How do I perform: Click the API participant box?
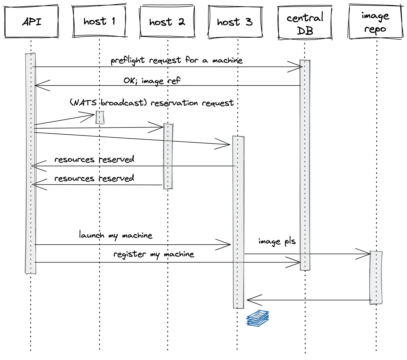[x=32, y=21]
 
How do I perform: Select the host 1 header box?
[x=99, y=21]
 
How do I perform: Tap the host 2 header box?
[x=167, y=22]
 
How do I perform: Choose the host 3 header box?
[x=235, y=22]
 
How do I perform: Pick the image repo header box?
[x=375, y=22]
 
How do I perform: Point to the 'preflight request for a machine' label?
[x=177, y=60]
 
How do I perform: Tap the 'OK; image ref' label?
[x=152, y=80]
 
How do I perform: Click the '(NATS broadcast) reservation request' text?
[x=151, y=103]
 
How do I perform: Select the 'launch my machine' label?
[x=115, y=235]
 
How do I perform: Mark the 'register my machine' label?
[x=154, y=254]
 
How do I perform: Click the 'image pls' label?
[x=277, y=241]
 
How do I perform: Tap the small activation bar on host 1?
[x=100, y=118]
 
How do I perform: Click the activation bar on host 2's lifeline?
[x=168, y=156]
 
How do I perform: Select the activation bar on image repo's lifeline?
[x=376, y=277]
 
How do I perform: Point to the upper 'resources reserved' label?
[x=94, y=160]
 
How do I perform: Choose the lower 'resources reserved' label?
[x=94, y=179]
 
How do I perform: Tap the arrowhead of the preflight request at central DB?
[x=298, y=67]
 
